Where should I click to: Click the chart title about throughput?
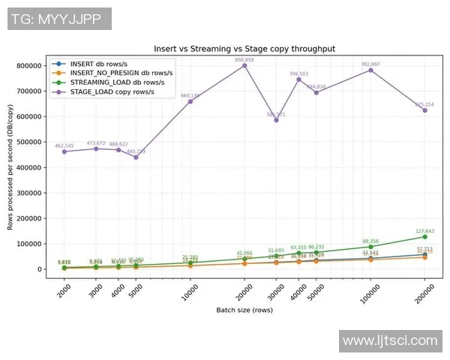[x=244, y=48]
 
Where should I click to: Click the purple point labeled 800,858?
[x=244, y=65]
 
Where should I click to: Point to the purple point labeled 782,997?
[x=370, y=70]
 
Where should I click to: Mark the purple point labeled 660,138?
[x=190, y=101]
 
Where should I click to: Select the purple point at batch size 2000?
[x=64, y=151]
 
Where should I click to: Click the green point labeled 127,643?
[x=424, y=237]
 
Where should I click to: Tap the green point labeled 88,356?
[x=370, y=247]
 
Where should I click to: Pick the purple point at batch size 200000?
[x=424, y=110]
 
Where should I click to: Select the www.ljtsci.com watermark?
[x=389, y=341]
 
